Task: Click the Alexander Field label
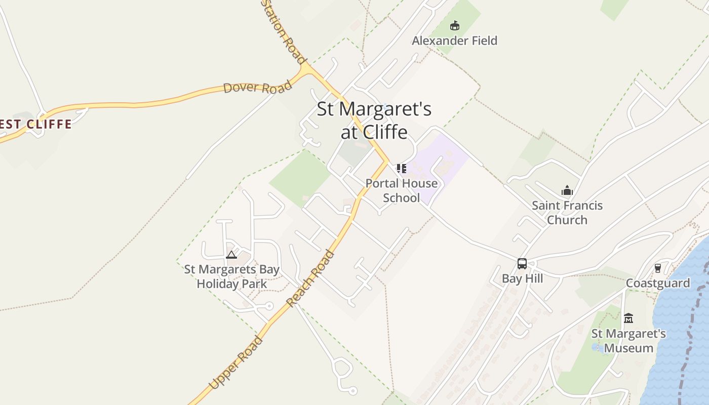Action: tap(454, 40)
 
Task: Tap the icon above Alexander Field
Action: tap(455, 25)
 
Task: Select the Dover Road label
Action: tap(258, 87)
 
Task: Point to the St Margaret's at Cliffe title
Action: tap(374, 120)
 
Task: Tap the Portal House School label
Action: tap(402, 190)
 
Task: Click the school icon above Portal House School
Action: tap(401, 168)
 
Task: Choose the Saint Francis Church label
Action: tap(567, 213)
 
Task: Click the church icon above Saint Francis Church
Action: tap(567, 190)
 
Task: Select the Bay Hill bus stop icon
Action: tap(522, 264)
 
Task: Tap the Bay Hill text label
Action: tap(522, 278)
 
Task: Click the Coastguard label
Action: tap(658, 283)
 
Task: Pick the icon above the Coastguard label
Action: tap(658, 268)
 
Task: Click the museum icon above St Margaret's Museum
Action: tap(628, 318)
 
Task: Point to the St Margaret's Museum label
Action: tap(628, 341)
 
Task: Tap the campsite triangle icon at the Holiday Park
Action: tap(231, 255)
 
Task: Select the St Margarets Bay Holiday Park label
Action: tap(231, 276)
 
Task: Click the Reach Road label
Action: tap(310, 278)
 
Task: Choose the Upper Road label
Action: tap(236, 362)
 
